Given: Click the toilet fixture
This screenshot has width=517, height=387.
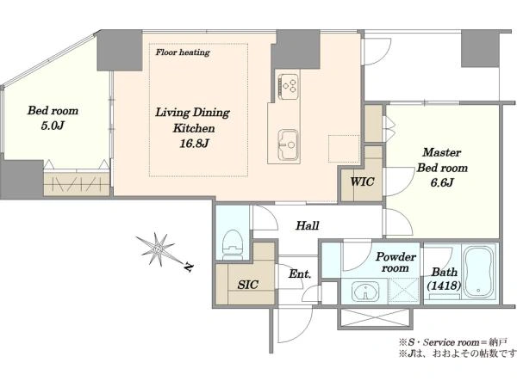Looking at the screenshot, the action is coord(234,245).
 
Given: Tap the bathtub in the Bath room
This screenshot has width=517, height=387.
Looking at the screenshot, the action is coord(479,271).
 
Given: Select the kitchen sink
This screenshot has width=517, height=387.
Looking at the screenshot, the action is coord(289,144).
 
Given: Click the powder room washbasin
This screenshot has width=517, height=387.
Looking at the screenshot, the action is coord(365,291).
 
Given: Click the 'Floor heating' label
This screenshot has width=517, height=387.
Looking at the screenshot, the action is coord(183,52).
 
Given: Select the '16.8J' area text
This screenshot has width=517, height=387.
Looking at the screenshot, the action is coord(194,144).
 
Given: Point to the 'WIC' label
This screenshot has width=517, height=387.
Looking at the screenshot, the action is coord(362,181).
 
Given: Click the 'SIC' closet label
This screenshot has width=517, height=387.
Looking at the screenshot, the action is coord(248,285).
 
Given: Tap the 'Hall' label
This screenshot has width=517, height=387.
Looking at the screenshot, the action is coord(308,225).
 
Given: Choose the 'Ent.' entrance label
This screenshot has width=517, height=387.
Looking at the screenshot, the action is coord(300,273).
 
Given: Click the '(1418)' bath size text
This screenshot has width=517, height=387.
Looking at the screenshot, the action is coord(444,286).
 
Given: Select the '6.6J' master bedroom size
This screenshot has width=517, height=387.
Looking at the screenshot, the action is coord(442,182).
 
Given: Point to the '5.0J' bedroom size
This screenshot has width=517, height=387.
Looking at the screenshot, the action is coord(53,126).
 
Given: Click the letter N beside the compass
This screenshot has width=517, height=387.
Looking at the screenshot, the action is coord(188,267).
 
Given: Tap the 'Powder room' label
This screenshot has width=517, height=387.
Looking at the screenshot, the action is coord(396,262).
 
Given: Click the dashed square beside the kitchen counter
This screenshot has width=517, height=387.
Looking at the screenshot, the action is coord(344,149).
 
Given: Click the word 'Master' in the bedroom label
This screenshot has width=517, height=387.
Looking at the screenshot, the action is coord(442,152).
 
